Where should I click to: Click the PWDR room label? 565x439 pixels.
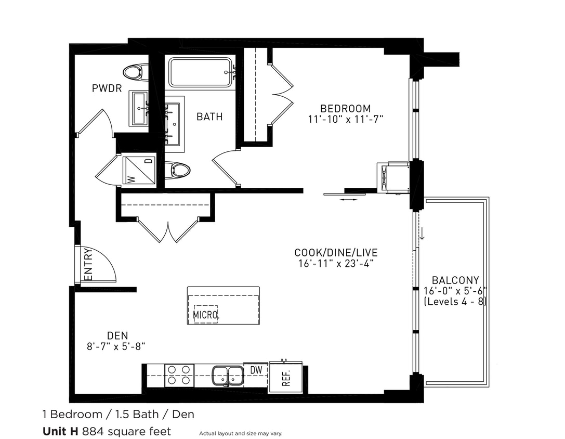(107, 88)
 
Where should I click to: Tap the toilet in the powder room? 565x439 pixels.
(136, 71)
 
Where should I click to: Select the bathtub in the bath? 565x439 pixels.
(200, 72)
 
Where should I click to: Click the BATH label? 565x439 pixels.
(209, 117)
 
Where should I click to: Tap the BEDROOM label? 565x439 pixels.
(345, 108)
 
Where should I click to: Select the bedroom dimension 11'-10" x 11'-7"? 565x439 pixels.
(345, 119)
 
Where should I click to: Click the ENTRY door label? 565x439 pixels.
(88, 265)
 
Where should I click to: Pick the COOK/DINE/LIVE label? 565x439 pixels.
(335, 252)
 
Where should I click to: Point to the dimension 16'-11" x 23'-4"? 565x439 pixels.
(335, 263)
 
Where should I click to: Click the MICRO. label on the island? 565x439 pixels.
(206, 315)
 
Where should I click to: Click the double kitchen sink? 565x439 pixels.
(228, 376)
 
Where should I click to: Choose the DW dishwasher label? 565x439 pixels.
(256, 370)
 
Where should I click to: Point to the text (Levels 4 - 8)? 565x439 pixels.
(455, 301)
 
